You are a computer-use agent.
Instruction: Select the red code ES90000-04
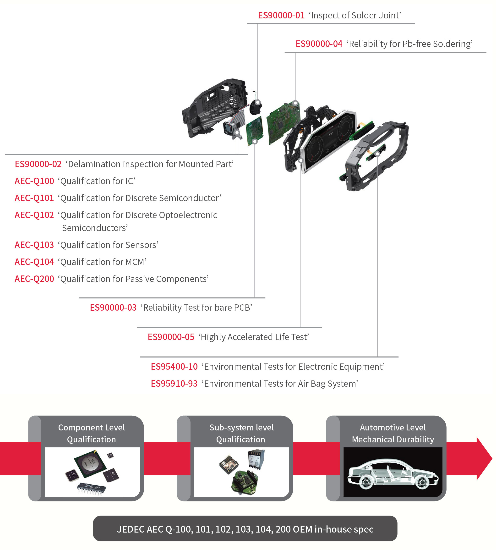(319, 44)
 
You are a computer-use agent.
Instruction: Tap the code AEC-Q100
(34, 181)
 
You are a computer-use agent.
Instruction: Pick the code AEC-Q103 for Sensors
(34, 245)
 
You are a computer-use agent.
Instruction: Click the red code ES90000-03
(113, 307)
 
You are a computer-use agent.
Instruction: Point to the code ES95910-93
(174, 383)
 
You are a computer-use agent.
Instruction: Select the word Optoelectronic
(188, 215)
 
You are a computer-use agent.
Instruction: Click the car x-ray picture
(393, 472)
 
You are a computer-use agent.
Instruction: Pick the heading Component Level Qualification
(92, 433)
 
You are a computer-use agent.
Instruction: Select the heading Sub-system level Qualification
(241, 433)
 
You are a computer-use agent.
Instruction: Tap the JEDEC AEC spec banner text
(245, 529)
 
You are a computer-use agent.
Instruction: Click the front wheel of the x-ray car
(366, 483)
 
